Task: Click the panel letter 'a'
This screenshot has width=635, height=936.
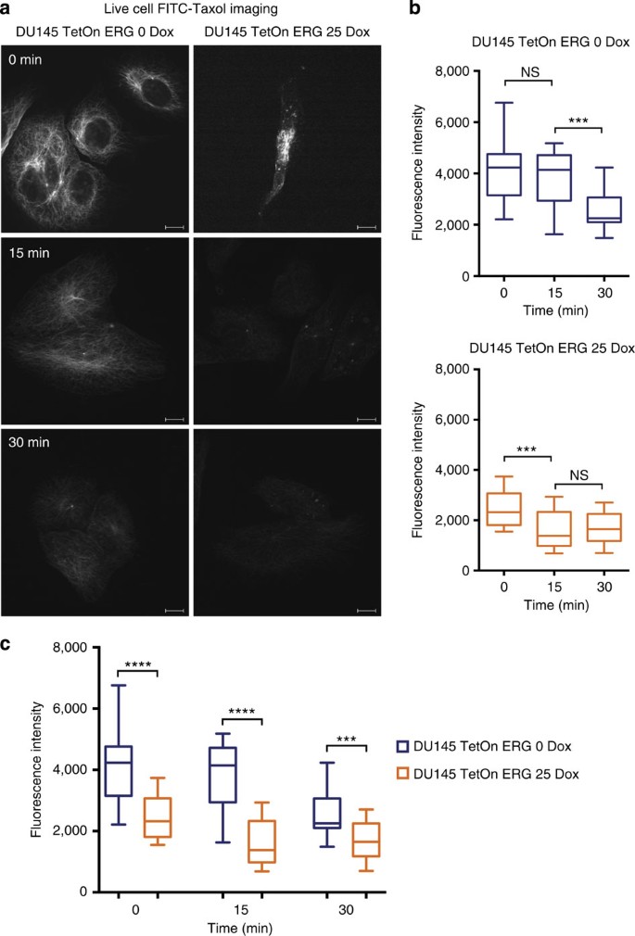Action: [x=8, y=10]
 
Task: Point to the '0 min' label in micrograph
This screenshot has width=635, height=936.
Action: [x=26, y=58]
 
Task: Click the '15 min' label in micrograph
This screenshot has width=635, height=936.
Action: [x=30, y=252]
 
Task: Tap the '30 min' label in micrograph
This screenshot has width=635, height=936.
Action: [x=30, y=443]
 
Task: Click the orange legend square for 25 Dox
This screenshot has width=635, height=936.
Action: [x=402, y=773]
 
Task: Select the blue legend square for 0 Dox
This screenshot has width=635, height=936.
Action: [x=402, y=747]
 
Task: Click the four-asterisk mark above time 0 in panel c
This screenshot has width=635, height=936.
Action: [x=139, y=664]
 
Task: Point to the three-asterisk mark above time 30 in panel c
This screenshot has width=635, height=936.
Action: [x=349, y=741]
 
